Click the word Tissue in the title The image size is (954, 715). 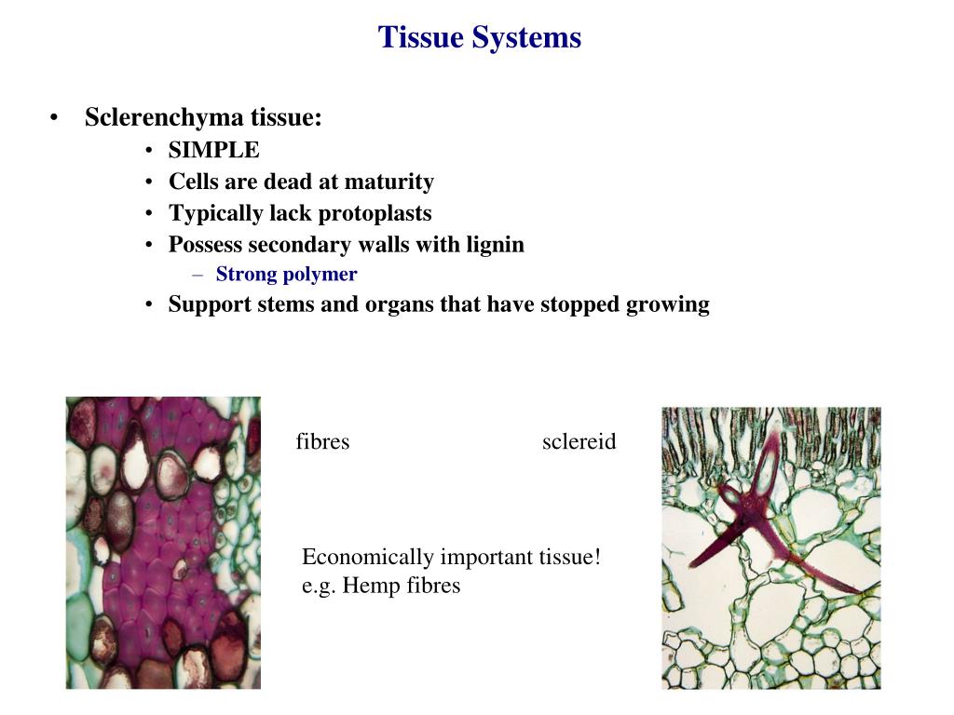pyautogui.click(x=421, y=37)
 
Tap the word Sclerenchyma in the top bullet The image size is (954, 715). pyautogui.click(x=164, y=118)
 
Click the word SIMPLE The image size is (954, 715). pyautogui.click(x=214, y=150)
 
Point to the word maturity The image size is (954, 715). pyautogui.click(x=388, y=182)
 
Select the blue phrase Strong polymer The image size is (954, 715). pyautogui.click(x=286, y=275)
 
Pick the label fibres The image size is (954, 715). pyautogui.click(x=322, y=441)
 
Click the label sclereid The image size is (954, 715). pyautogui.click(x=579, y=441)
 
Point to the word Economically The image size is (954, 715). pyautogui.click(x=368, y=558)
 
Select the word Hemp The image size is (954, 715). pyautogui.click(x=370, y=586)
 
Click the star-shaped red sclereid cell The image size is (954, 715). pyautogui.click(x=745, y=521)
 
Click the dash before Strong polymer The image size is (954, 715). pyautogui.click(x=198, y=275)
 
